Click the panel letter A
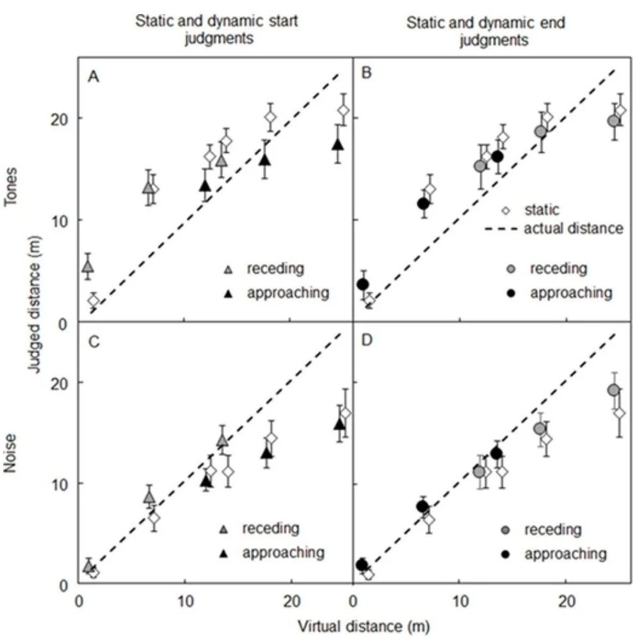click(x=93, y=76)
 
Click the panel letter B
click(x=366, y=73)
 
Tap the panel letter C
click(x=94, y=342)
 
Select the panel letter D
click(x=367, y=340)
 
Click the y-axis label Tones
click(x=11, y=187)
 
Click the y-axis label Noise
click(x=10, y=453)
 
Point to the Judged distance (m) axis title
click(x=36, y=304)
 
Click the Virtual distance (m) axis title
click(x=364, y=626)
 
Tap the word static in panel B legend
click(x=542, y=210)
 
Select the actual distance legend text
click(x=574, y=228)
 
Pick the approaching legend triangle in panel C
click(x=224, y=553)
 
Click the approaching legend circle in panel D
click(x=506, y=554)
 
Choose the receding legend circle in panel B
click(x=512, y=269)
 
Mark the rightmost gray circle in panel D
click(x=614, y=390)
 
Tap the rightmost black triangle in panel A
click(x=338, y=144)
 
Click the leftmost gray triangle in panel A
click(x=88, y=267)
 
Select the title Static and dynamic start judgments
click(x=217, y=29)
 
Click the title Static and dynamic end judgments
click(x=486, y=31)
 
